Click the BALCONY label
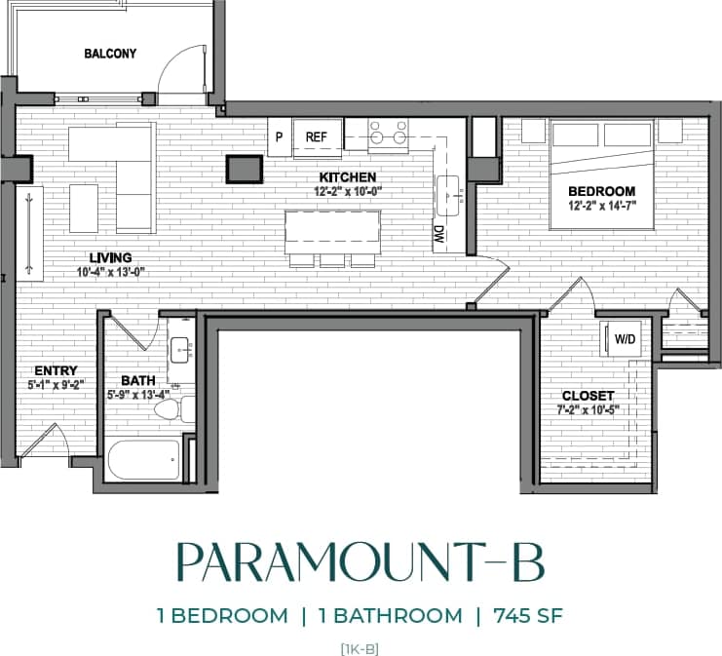pos(110,54)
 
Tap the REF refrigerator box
pos(316,137)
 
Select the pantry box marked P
pos(279,137)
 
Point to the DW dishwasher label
pos(439,234)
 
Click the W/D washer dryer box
pos(623,338)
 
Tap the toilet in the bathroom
pos(171,408)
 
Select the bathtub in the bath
pos(144,459)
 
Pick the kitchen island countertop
pos(332,231)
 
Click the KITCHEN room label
pos(347,177)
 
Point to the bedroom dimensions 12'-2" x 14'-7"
pos(602,206)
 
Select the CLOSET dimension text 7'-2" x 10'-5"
pos(588,409)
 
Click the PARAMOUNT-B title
pos(360,563)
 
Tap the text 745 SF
pos(529,615)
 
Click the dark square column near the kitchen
pos(243,169)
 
